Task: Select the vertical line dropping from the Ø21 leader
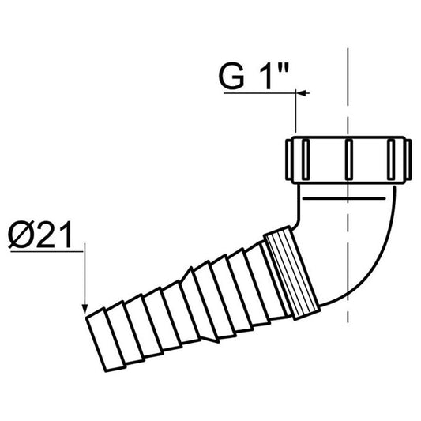84,276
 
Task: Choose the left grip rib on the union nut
301,158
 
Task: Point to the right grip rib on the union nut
392,158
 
